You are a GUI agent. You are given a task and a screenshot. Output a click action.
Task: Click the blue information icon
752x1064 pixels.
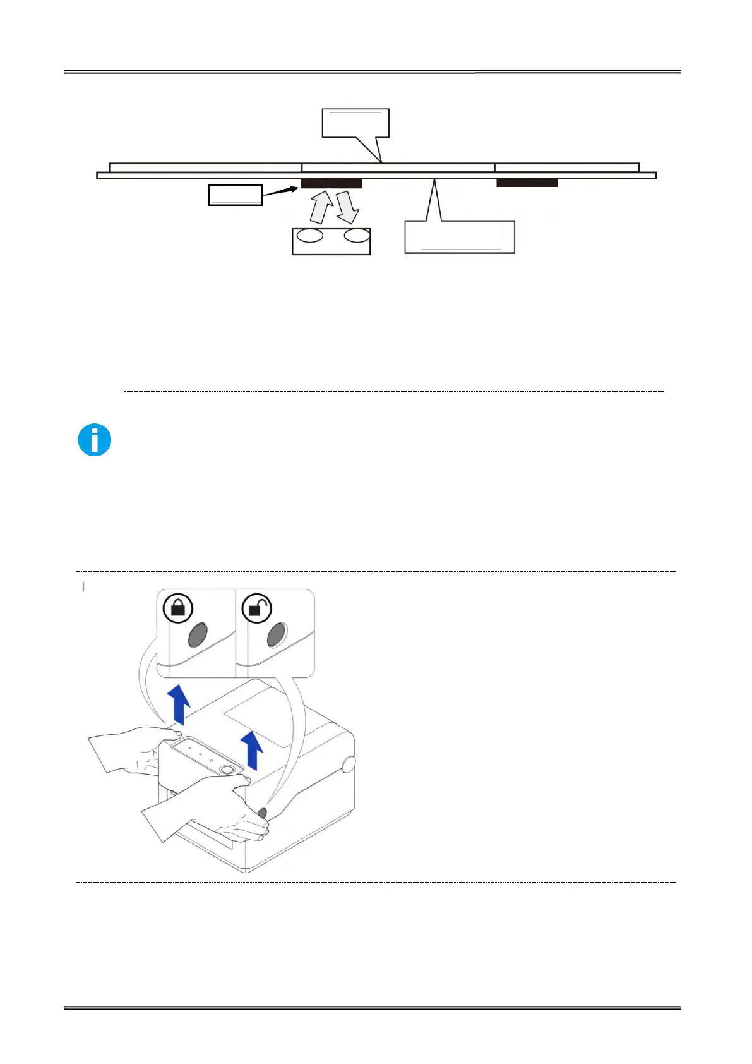[x=95, y=440]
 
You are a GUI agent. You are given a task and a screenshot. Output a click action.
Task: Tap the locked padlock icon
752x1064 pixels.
[x=178, y=608]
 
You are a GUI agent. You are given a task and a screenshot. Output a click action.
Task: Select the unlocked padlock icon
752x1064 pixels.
[x=257, y=608]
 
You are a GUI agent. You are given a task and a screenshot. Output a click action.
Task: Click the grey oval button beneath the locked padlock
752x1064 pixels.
[x=199, y=635]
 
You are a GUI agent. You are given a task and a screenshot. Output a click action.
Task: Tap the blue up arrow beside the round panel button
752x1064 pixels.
[x=253, y=749]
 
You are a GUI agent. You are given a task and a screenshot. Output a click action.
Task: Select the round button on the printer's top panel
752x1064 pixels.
[x=228, y=768]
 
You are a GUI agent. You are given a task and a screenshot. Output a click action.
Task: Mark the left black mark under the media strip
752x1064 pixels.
[x=331, y=184]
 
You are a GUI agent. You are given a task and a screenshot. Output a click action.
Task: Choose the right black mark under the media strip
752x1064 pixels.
[x=527, y=183]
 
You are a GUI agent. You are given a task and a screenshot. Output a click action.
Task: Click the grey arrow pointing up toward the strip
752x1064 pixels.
[x=321, y=208]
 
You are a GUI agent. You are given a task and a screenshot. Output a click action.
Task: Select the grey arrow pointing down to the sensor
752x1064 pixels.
[x=347, y=208]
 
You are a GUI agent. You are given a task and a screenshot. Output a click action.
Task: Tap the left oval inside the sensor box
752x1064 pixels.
[x=310, y=236]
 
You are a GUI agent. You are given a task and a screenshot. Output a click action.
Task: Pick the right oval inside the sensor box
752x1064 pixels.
[x=357, y=236]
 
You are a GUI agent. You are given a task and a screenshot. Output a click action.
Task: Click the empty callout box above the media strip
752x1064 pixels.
[x=355, y=123]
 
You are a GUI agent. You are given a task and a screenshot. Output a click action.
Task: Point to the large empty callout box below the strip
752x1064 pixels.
[x=459, y=237]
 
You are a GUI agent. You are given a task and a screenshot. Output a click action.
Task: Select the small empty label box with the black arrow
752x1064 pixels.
[x=235, y=195]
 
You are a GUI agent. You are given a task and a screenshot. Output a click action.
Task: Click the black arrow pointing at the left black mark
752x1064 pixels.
[x=280, y=190]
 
